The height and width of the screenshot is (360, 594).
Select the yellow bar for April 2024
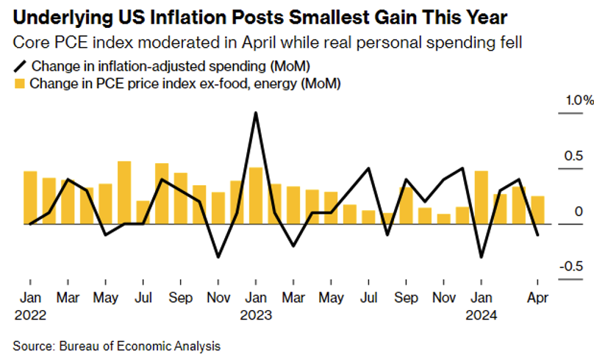[x=537, y=210]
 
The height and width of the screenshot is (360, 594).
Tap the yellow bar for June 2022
[x=124, y=192]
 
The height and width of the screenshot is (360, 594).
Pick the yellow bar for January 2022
[x=30, y=197]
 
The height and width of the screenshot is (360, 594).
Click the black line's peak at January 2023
[x=256, y=113]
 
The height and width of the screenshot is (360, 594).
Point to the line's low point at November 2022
[x=218, y=257]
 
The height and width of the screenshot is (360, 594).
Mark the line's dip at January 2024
[x=482, y=257]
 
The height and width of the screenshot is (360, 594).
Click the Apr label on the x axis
[x=537, y=299]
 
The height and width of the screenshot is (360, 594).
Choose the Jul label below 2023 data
[x=368, y=299]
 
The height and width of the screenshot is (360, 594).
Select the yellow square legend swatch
[x=20, y=84]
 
